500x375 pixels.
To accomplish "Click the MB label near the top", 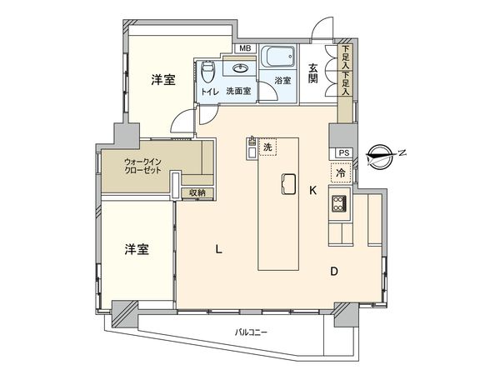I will [x=245, y=48].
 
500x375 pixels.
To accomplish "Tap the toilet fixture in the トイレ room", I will [x=208, y=68].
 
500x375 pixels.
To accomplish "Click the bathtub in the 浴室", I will [x=277, y=58].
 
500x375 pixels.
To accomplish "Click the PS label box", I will [x=342, y=153].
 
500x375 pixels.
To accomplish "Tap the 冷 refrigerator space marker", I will [x=341, y=173].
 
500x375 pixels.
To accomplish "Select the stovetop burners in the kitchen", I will [x=339, y=204].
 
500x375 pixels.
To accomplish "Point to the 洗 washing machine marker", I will [x=267, y=147].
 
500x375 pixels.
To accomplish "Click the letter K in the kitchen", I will [x=313, y=191].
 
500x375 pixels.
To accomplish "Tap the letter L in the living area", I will [x=218, y=247].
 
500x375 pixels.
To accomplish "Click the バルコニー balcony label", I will [x=251, y=332].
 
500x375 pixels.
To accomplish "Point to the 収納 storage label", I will [x=197, y=193].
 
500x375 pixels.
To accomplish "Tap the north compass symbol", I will [x=382, y=153].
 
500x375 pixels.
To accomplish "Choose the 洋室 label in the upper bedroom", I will [x=163, y=81].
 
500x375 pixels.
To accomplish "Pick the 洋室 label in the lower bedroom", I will [x=137, y=249].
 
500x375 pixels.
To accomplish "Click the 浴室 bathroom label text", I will [x=282, y=81].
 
